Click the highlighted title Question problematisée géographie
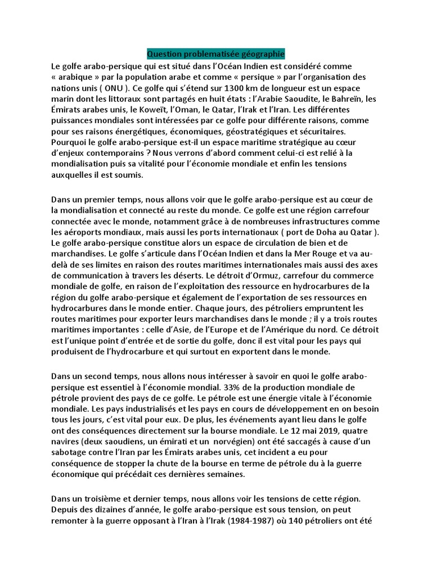(216, 54)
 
